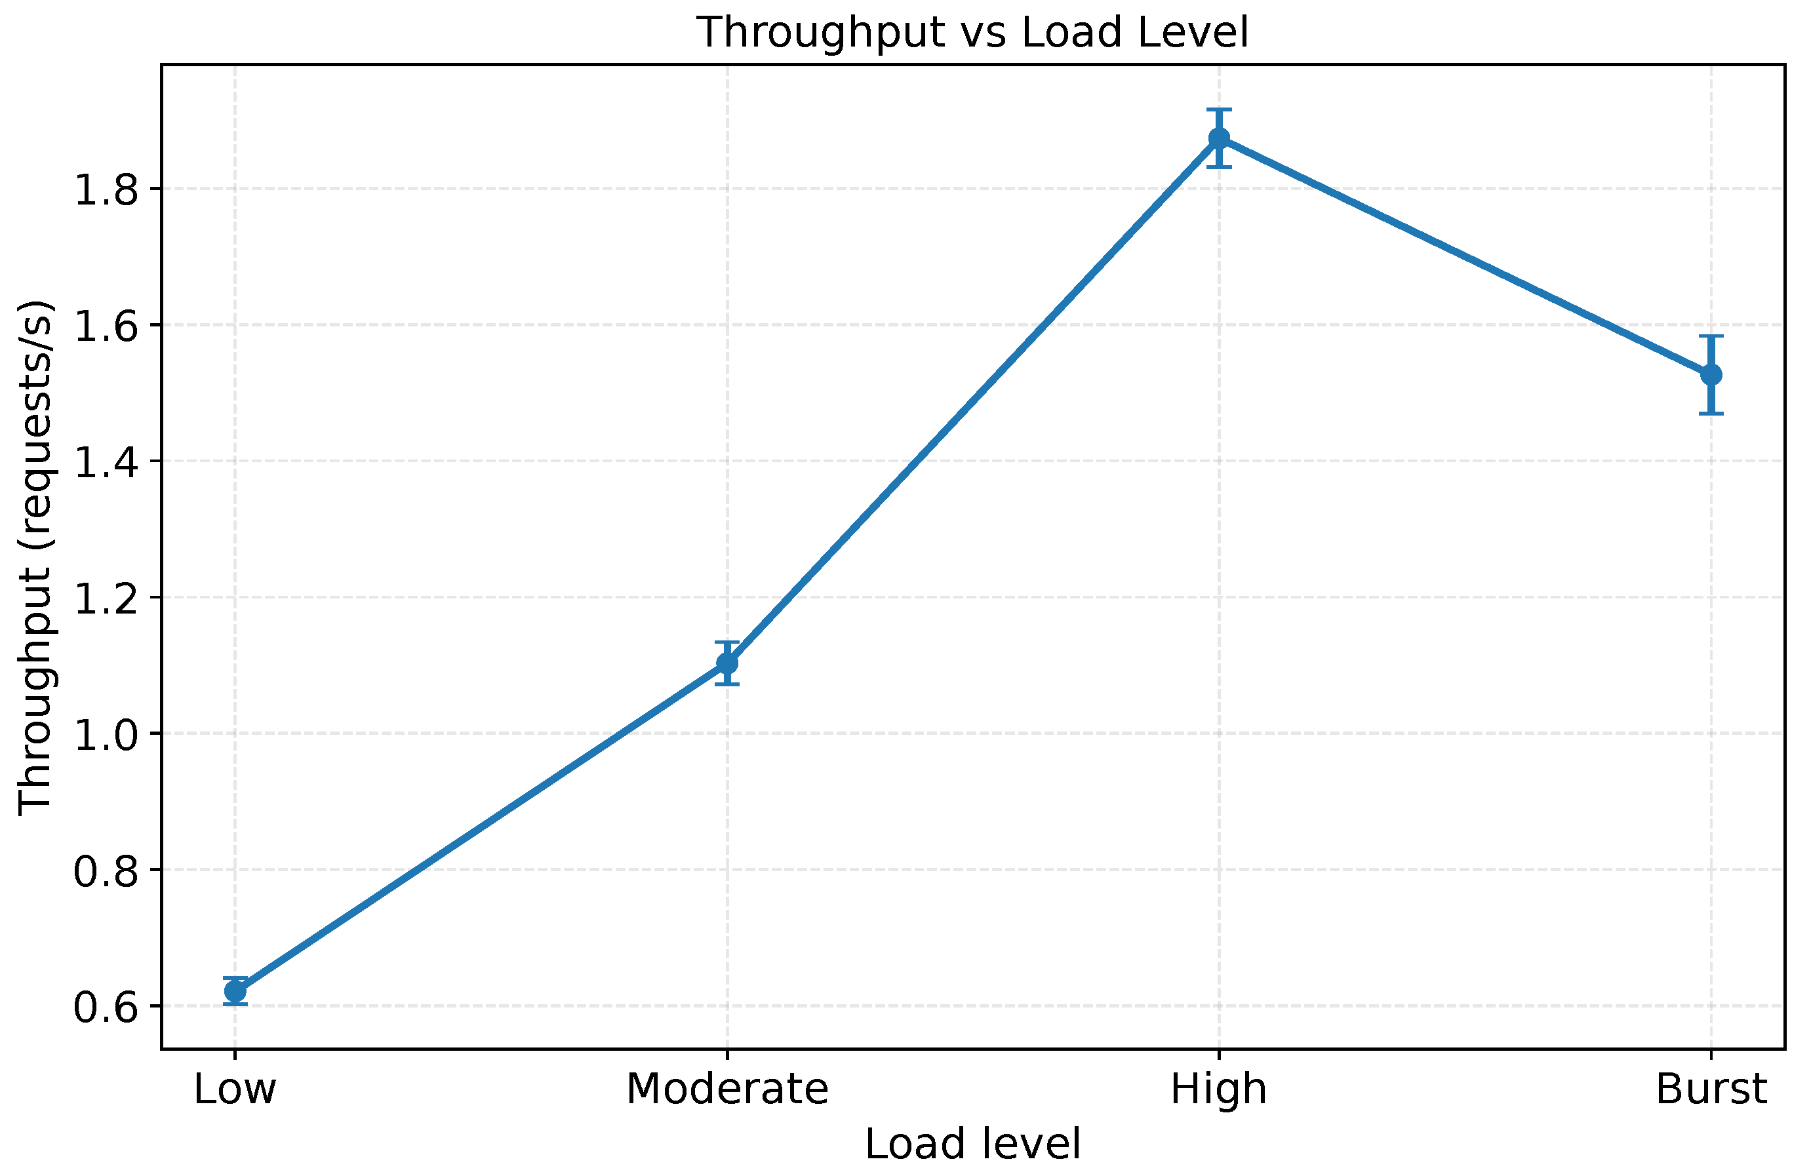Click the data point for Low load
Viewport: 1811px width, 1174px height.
(235, 991)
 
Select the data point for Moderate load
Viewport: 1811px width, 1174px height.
(727, 663)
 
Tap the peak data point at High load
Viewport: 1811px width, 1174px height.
(1219, 138)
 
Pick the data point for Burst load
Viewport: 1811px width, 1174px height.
(1711, 374)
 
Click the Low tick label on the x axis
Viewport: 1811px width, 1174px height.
(235, 1089)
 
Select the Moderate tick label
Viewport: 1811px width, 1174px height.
(727, 1089)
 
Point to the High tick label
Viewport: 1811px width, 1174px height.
(1219, 1089)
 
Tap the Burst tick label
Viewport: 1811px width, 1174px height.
(1711, 1089)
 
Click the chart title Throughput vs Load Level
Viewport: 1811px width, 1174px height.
(973, 33)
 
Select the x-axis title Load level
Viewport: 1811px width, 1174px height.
(973, 1145)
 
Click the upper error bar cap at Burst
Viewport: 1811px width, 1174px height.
(1711, 336)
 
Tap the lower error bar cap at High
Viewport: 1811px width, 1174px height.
(1219, 166)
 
